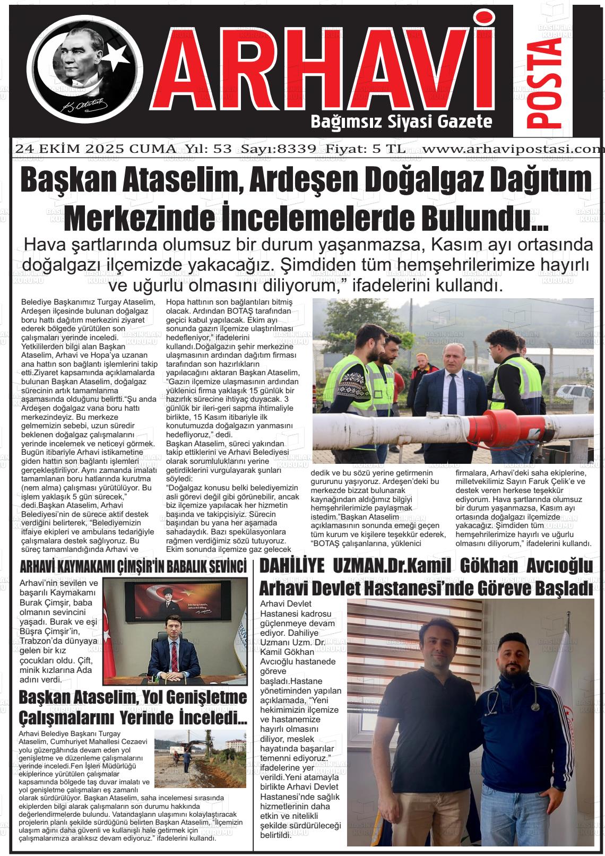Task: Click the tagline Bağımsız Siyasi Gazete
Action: click(x=401, y=123)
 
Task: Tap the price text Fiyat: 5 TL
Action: click(x=366, y=149)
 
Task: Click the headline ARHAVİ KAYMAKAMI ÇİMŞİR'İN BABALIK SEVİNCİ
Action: click(x=133, y=566)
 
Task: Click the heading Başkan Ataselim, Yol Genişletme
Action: click(x=133, y=696)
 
